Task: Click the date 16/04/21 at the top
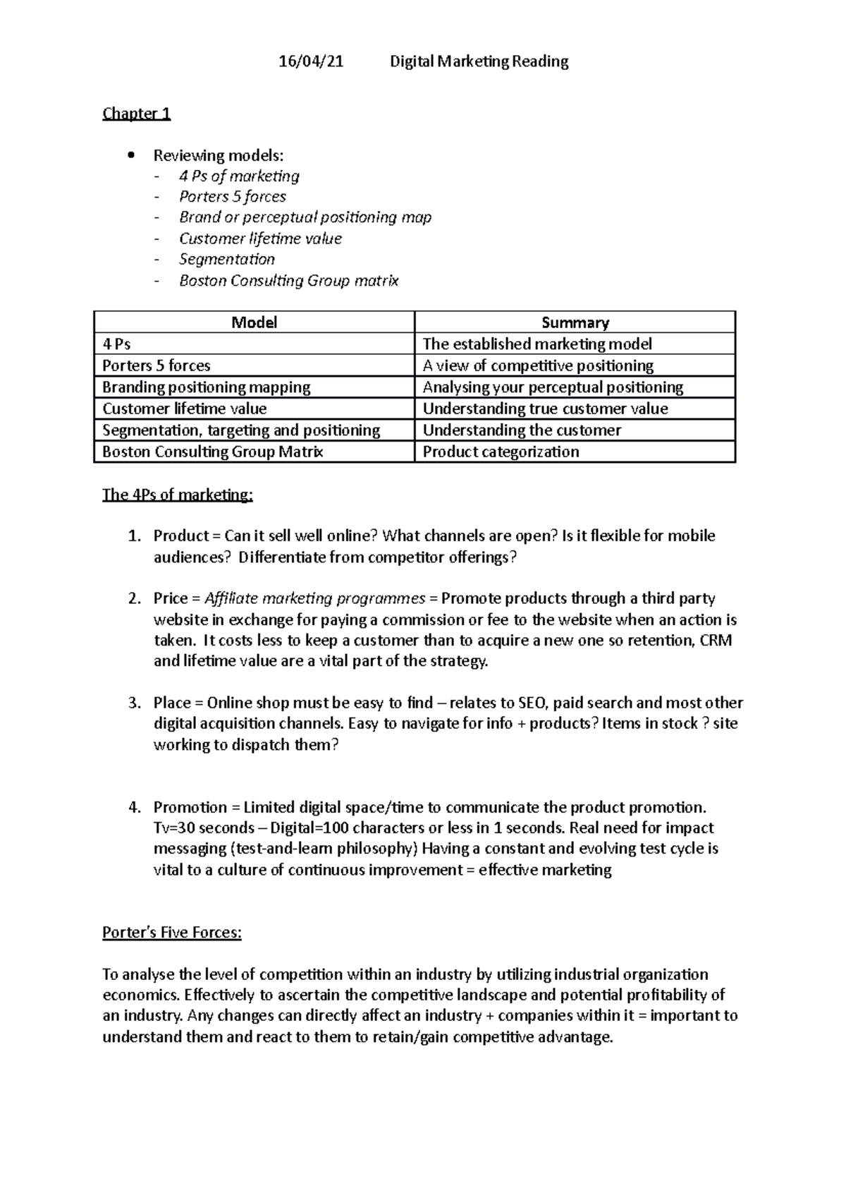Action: pyautogui.click(x=311, y=61)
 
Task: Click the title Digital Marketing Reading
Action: pyautogui.click(x=479, y=61)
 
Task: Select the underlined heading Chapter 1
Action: pyautogui.click(x=136, y=114)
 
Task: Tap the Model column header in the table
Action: pyautogui.click(x=254, y=322)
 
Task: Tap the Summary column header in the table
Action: pyautogui.click(x=575, y=322)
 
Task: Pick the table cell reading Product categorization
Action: pyautogui.click(x=501, y=452)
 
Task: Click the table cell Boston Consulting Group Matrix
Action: pyautogui.click(x=212, y=452)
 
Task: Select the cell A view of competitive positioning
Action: pyautogui.click(x=537, y=365)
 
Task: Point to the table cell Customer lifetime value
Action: pyautogui.click(x=184, y=409)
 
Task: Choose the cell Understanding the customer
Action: pyautogui.click(x=522, y=430)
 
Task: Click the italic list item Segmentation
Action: pyautogui.click(x=226, y=259)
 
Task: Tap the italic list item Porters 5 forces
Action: pyautogui.click(x=232, y=196)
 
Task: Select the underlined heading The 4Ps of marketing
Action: pyautogui.click(x=177, y=495)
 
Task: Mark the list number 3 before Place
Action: pyautogui.click(x=134, y=703)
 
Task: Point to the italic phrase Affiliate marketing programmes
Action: pyautogui.click(x=314, y=598)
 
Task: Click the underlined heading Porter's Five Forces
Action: pyautogui.click(x=171, y=933)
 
